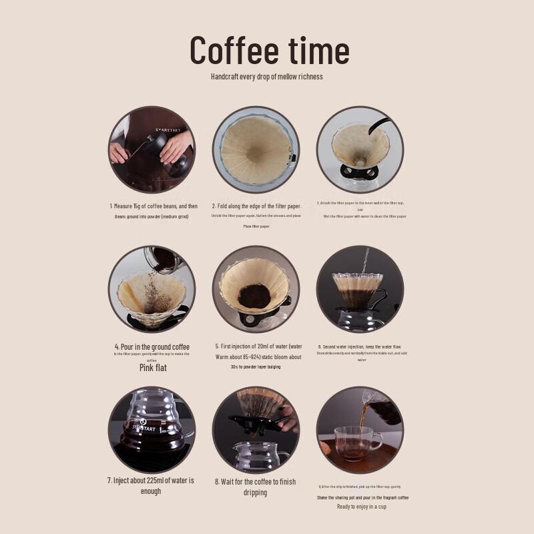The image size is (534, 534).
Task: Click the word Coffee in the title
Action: pyautogui.click(x=234, y=50)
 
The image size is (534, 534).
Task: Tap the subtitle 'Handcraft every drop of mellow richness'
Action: pyautogui.click(x=266, y=77)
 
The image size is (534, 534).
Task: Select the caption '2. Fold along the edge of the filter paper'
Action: pyautogui.click(x=256, y=206)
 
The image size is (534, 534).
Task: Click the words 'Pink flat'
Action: pyautogui.click(x=153, y=368)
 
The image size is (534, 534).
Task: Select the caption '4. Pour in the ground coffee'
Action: pyautogui.click(x=152, y=346)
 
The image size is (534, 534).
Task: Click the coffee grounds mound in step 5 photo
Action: pyautogui.click(x=254, y=296)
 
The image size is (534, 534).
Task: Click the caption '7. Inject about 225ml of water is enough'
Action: pyautogui.click(x=152, y=485)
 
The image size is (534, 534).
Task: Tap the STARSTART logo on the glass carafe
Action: pyautogui.click(x=144, y=428)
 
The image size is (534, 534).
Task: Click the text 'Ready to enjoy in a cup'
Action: pyautogui.click(x=361, y=507)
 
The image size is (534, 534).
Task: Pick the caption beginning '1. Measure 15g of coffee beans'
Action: pyautogui.click(x=154, y=206)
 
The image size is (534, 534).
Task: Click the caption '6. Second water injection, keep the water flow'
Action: pyautogui.click(x=361, y=346)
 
